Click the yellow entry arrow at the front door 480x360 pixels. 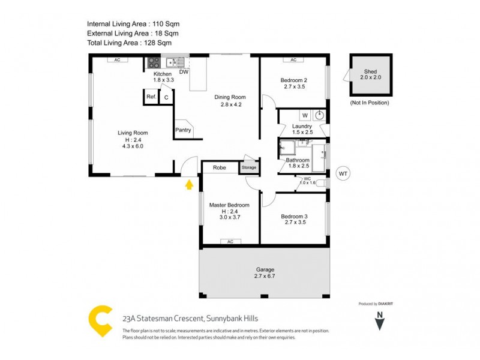point(190,184)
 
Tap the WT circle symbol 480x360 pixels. point(343,174)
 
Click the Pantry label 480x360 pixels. point(182,130)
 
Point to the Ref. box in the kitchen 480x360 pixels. point(151,97)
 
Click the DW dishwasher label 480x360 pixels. point(184,72)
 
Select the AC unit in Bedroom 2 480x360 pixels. point(293,60)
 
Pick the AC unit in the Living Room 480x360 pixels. point(118,60)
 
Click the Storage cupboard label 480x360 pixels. point(248,167)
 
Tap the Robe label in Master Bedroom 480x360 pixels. point(220,167)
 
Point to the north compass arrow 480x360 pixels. point(379,323)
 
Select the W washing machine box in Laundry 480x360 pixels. point(304,115)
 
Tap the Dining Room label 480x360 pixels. point(230,97)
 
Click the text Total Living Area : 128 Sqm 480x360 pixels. point(129,43)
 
